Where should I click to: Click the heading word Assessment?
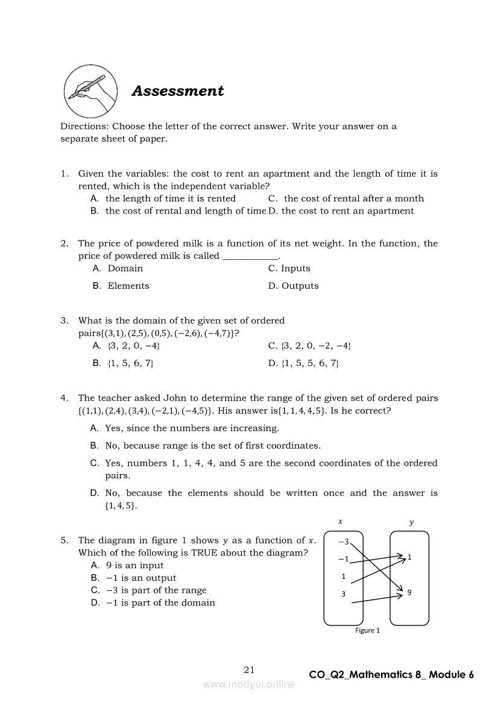click(x=178, y=91)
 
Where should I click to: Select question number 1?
click(x=65, y=174)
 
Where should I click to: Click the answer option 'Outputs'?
click(x=300, y=286)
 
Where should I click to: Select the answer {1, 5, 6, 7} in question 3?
click(x=130, y=363)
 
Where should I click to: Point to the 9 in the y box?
click(x=409, y=592)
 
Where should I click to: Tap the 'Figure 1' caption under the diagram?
click(x=368, y=631)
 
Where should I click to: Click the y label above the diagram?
click(x=411, y=523)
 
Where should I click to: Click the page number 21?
click(x=250, y=669)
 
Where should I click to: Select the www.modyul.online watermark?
click(x=249, y=684)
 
